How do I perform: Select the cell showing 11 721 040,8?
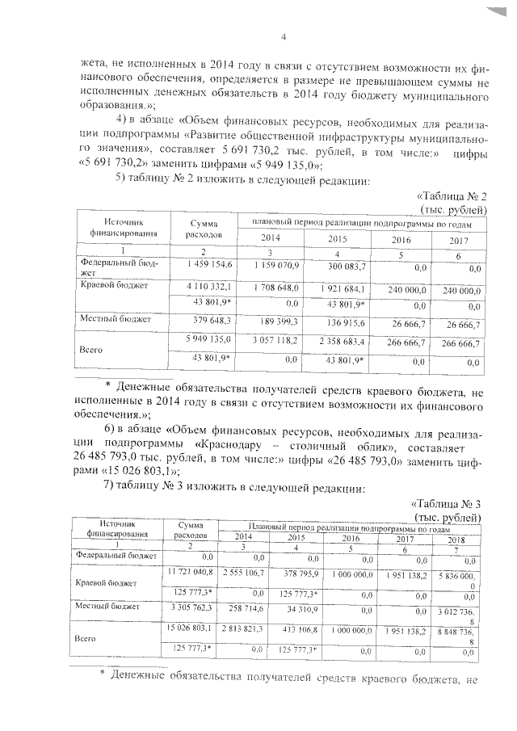(190, 572)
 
